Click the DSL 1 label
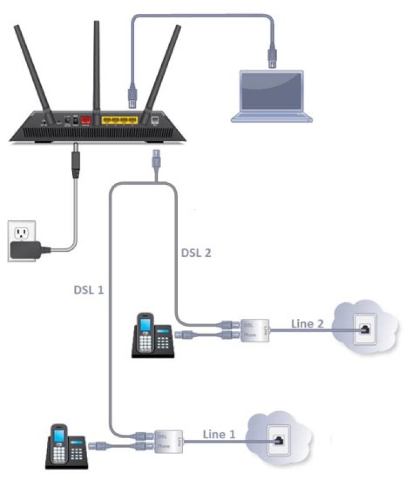click(88, 290)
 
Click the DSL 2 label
click(195, 252)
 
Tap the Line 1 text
click(219, 434)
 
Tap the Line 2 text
click(308, 323)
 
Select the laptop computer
click(271, 95)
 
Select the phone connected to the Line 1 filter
click(65, 447)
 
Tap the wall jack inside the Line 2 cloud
click(365, 329)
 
